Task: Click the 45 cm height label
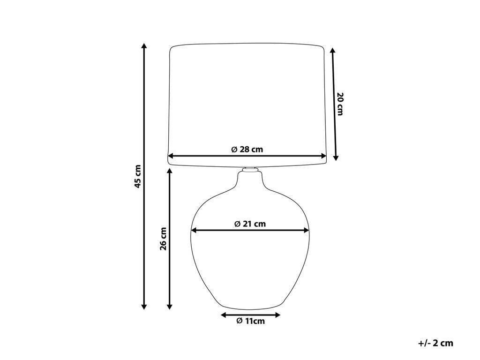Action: click(x=138, y=176)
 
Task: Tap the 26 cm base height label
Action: click(x=164, y=239)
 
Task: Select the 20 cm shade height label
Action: click(x=339, y=104)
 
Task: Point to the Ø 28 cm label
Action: click(x=247, y=150)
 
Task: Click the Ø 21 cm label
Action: click(x=250, y=224)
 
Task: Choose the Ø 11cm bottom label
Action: click(x=250, y=321)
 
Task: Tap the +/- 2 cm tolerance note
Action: click(x=435, y=343)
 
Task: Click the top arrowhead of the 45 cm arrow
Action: click(x=144, y=46)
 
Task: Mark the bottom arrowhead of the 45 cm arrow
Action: click(x=144, y=307)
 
